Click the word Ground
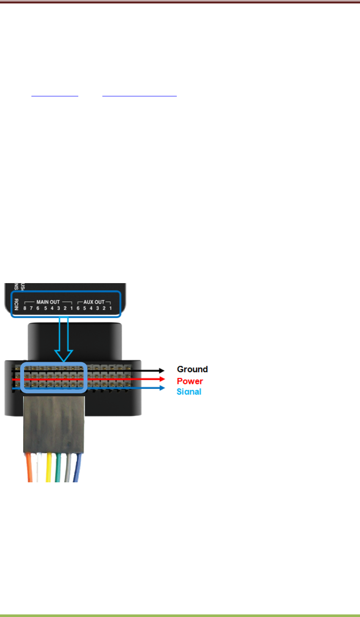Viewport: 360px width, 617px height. coord(193,369)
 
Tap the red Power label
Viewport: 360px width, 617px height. coord(190,381)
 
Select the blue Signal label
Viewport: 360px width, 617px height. coord(190,392)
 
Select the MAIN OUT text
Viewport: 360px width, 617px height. coord(48,302)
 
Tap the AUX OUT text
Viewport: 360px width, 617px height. coord(94,302)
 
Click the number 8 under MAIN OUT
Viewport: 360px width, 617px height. coord(25,308)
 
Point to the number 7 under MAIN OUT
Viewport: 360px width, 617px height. coord(31,308)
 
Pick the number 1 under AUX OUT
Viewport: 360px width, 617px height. coord(111,308)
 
